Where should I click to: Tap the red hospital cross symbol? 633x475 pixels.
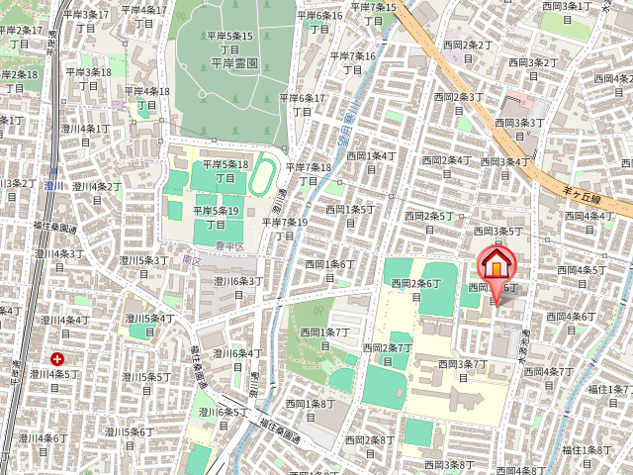pyautogui.click(x=58, y=359)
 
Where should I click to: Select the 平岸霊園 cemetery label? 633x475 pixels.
pyautogui.click(x=234, y=61)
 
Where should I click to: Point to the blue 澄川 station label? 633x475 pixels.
pyautogui.click(x=53, y=185)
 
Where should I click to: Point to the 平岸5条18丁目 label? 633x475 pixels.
pyautogui.click(x=226, y=171)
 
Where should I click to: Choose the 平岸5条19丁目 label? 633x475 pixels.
pyautogui.click(x=217, y=218)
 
